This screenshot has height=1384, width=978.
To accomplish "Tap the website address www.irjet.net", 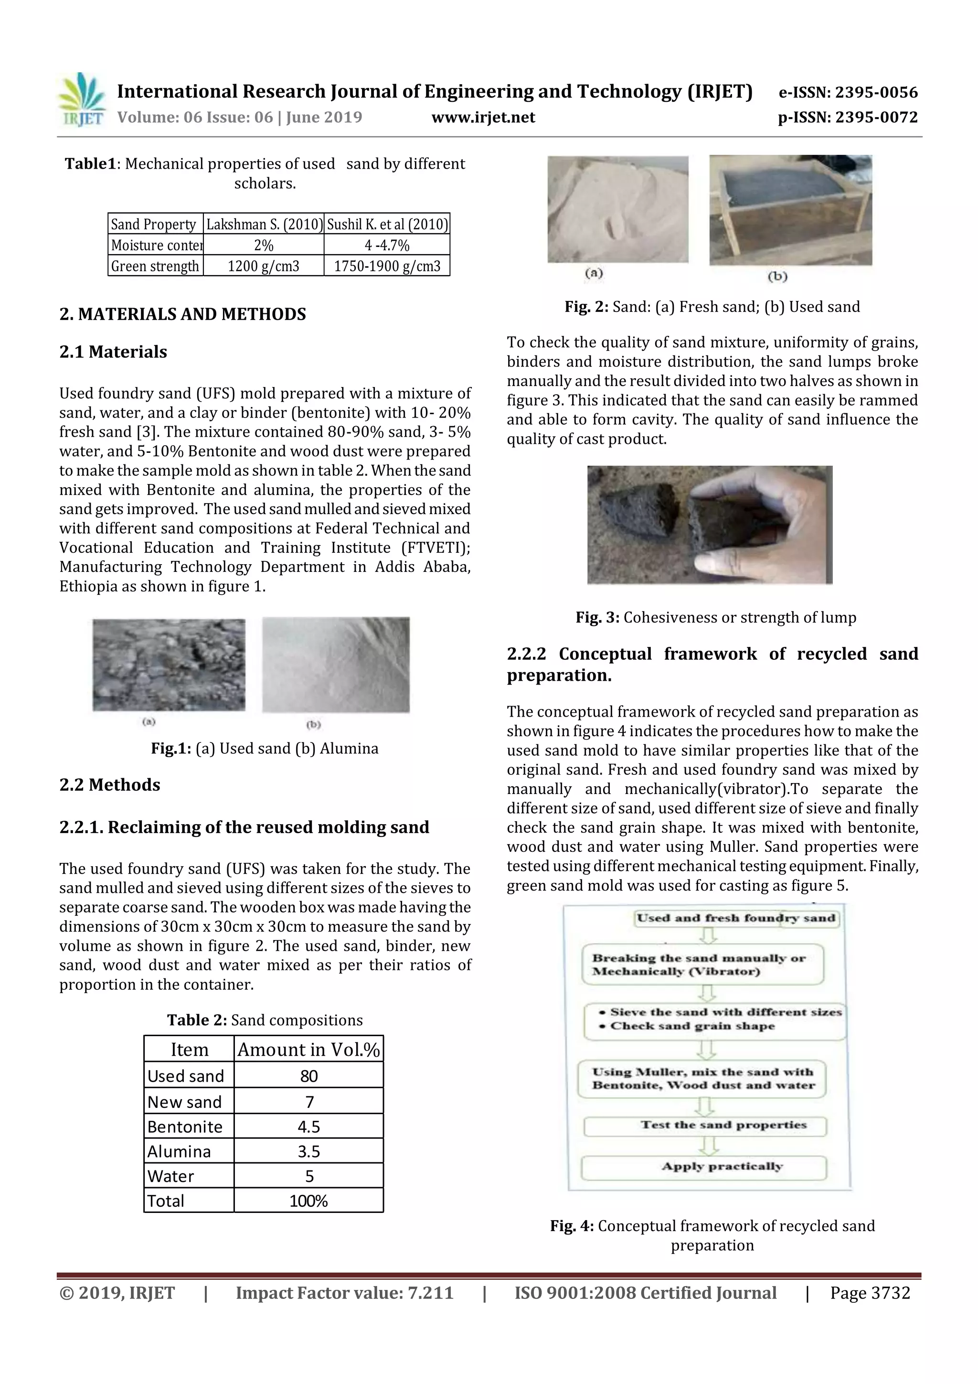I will click(x=483, y=117).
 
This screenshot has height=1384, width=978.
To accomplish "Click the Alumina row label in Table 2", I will click(x=179, y=1151).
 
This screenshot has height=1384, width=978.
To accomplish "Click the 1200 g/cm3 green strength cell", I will click(x=263, y=266).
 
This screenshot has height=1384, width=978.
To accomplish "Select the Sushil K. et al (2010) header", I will click(x=387, y=224).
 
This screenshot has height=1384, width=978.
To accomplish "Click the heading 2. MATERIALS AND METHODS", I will click(x=182, y=314).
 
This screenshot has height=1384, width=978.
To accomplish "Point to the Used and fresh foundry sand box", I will click(x=736, y=919).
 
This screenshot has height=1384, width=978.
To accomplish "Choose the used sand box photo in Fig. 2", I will click(x=790, y=210).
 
